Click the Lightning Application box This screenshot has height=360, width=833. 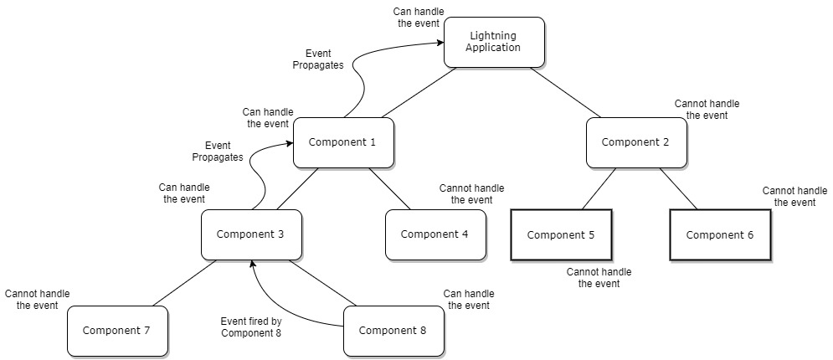494,42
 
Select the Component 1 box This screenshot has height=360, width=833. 342,141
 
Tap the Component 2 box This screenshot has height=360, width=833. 635,141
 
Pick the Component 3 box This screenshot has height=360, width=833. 250,234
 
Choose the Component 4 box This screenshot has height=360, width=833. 434,234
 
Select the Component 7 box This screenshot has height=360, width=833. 116,330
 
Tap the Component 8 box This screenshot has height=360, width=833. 393,330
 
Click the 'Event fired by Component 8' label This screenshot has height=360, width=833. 251,327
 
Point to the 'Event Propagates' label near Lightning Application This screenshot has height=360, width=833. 318,59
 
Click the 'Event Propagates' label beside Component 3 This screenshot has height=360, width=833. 217,151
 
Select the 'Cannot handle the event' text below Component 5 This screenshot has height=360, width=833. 599,278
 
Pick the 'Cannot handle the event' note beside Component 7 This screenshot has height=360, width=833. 37,300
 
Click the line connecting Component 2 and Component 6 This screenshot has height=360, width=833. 678,188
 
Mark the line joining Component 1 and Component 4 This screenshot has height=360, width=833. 389,188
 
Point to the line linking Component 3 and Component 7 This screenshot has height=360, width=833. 184,282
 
